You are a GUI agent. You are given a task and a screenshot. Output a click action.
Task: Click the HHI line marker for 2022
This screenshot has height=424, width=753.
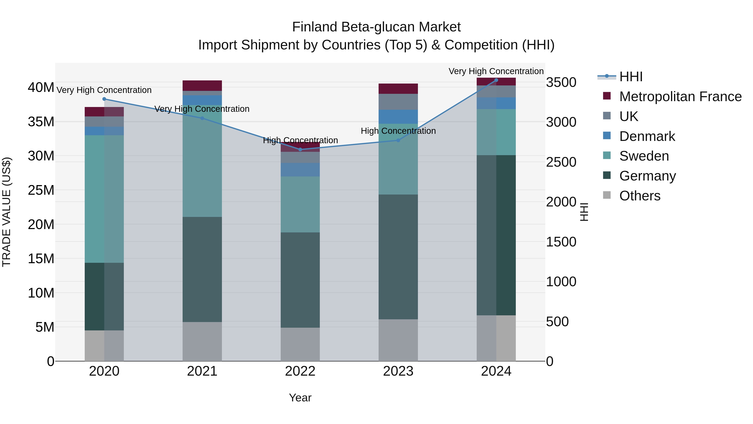pyautogui.click(x=300, y=149)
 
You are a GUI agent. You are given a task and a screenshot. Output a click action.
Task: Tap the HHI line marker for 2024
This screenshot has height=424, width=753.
pyautogui.click(x=496, y=80)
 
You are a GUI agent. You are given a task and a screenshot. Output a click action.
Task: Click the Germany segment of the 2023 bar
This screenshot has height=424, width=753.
pyautogui.click(x=398, y=257)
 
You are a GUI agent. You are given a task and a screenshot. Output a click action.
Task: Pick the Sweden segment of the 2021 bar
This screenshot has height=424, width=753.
pyautogui.click(x=202, y=161)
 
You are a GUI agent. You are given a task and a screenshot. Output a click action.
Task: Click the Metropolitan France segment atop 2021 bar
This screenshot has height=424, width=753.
pyautogui.click(x=202, y=85)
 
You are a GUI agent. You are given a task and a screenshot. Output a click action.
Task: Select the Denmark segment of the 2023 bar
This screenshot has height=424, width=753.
pyautogui.click(x=398, y=117)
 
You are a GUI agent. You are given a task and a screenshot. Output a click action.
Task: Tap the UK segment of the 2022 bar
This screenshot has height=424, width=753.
pyautogui.click(x=300, y=157)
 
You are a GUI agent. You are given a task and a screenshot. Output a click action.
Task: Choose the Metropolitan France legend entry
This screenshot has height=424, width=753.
pyautogui.click(x=680, y=97)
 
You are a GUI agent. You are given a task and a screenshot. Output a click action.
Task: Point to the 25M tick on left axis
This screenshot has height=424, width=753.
pyautogui.click(x=41, y=190)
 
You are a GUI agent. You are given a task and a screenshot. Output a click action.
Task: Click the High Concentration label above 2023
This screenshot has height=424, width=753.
pyautogui.click(x=398, y=131)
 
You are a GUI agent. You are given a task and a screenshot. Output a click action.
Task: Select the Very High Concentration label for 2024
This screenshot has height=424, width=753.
pyautogui.click(x=496, y=71)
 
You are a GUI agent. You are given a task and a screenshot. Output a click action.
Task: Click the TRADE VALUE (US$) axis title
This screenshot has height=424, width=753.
pyautogui.click(x=7, y=212)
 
